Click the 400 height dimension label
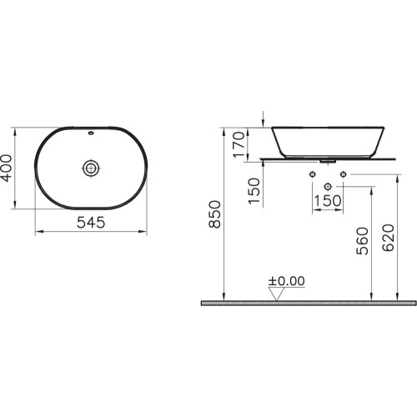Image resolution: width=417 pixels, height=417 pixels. [7, 168]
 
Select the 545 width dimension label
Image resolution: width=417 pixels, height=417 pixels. [91, 223]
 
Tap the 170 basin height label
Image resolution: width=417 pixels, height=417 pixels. [239, 144]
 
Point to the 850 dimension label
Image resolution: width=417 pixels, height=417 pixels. [215, 214]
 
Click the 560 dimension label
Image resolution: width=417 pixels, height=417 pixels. [362, 241]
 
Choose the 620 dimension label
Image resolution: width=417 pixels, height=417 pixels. [388, 238]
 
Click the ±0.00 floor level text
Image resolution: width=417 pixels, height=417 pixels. [286, 281]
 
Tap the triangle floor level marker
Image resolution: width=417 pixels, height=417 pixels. [276, 294]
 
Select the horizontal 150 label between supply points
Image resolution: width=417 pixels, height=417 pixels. [328, 200]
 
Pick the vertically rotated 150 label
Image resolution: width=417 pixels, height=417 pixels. [254, 191]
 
